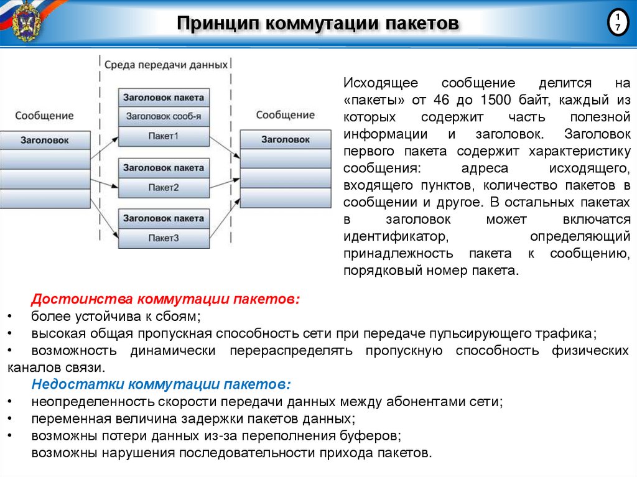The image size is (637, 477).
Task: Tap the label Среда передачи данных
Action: [165, 64]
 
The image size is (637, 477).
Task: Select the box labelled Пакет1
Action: [164, 135]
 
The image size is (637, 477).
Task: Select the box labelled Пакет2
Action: [164, 187]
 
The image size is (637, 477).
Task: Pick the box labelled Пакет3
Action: [164, 238]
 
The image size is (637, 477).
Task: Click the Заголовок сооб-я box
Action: [164, 116]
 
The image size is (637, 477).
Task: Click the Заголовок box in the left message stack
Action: [45, 140]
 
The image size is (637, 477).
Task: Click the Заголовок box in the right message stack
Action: [286, 139]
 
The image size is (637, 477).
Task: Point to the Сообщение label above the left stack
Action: [44, 116]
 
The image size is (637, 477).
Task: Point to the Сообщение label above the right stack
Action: [286, 115]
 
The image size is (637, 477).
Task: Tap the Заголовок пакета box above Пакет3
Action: [164, 218]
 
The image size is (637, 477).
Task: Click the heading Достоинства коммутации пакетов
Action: [166, 299]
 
